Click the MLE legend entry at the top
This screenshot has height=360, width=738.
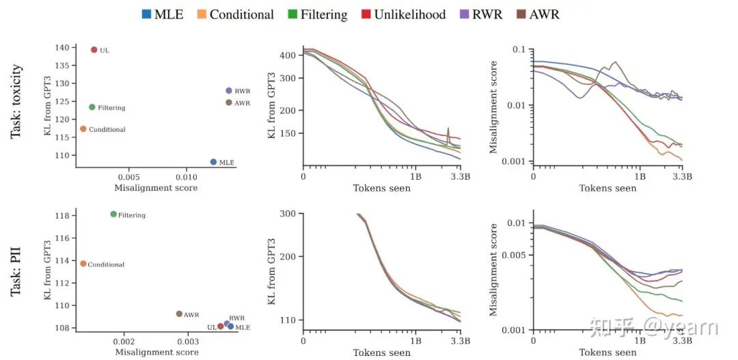click(162, 14)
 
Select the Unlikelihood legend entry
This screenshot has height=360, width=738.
click(402, 14)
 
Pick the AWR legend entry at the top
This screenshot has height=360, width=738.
click(536, 14)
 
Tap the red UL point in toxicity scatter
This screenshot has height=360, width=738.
click(94, 49)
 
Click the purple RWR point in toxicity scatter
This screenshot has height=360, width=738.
click(229, 90)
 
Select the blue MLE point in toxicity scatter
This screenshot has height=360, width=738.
click(213, 162)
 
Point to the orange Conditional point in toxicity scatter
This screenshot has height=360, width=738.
click(83, 128)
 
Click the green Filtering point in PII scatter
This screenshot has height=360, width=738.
click(113, 214)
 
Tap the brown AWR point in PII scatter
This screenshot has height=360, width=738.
click(179, 314)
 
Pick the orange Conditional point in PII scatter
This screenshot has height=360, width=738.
click(83, 263)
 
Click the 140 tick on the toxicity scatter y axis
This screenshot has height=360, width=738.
click(61, 48)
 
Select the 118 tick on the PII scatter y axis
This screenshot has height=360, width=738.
click(61, 216)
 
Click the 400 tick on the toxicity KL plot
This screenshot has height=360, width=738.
click(285, 55)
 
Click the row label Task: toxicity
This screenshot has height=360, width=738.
click(17, 101)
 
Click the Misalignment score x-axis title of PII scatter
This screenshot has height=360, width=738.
click(156, 352)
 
